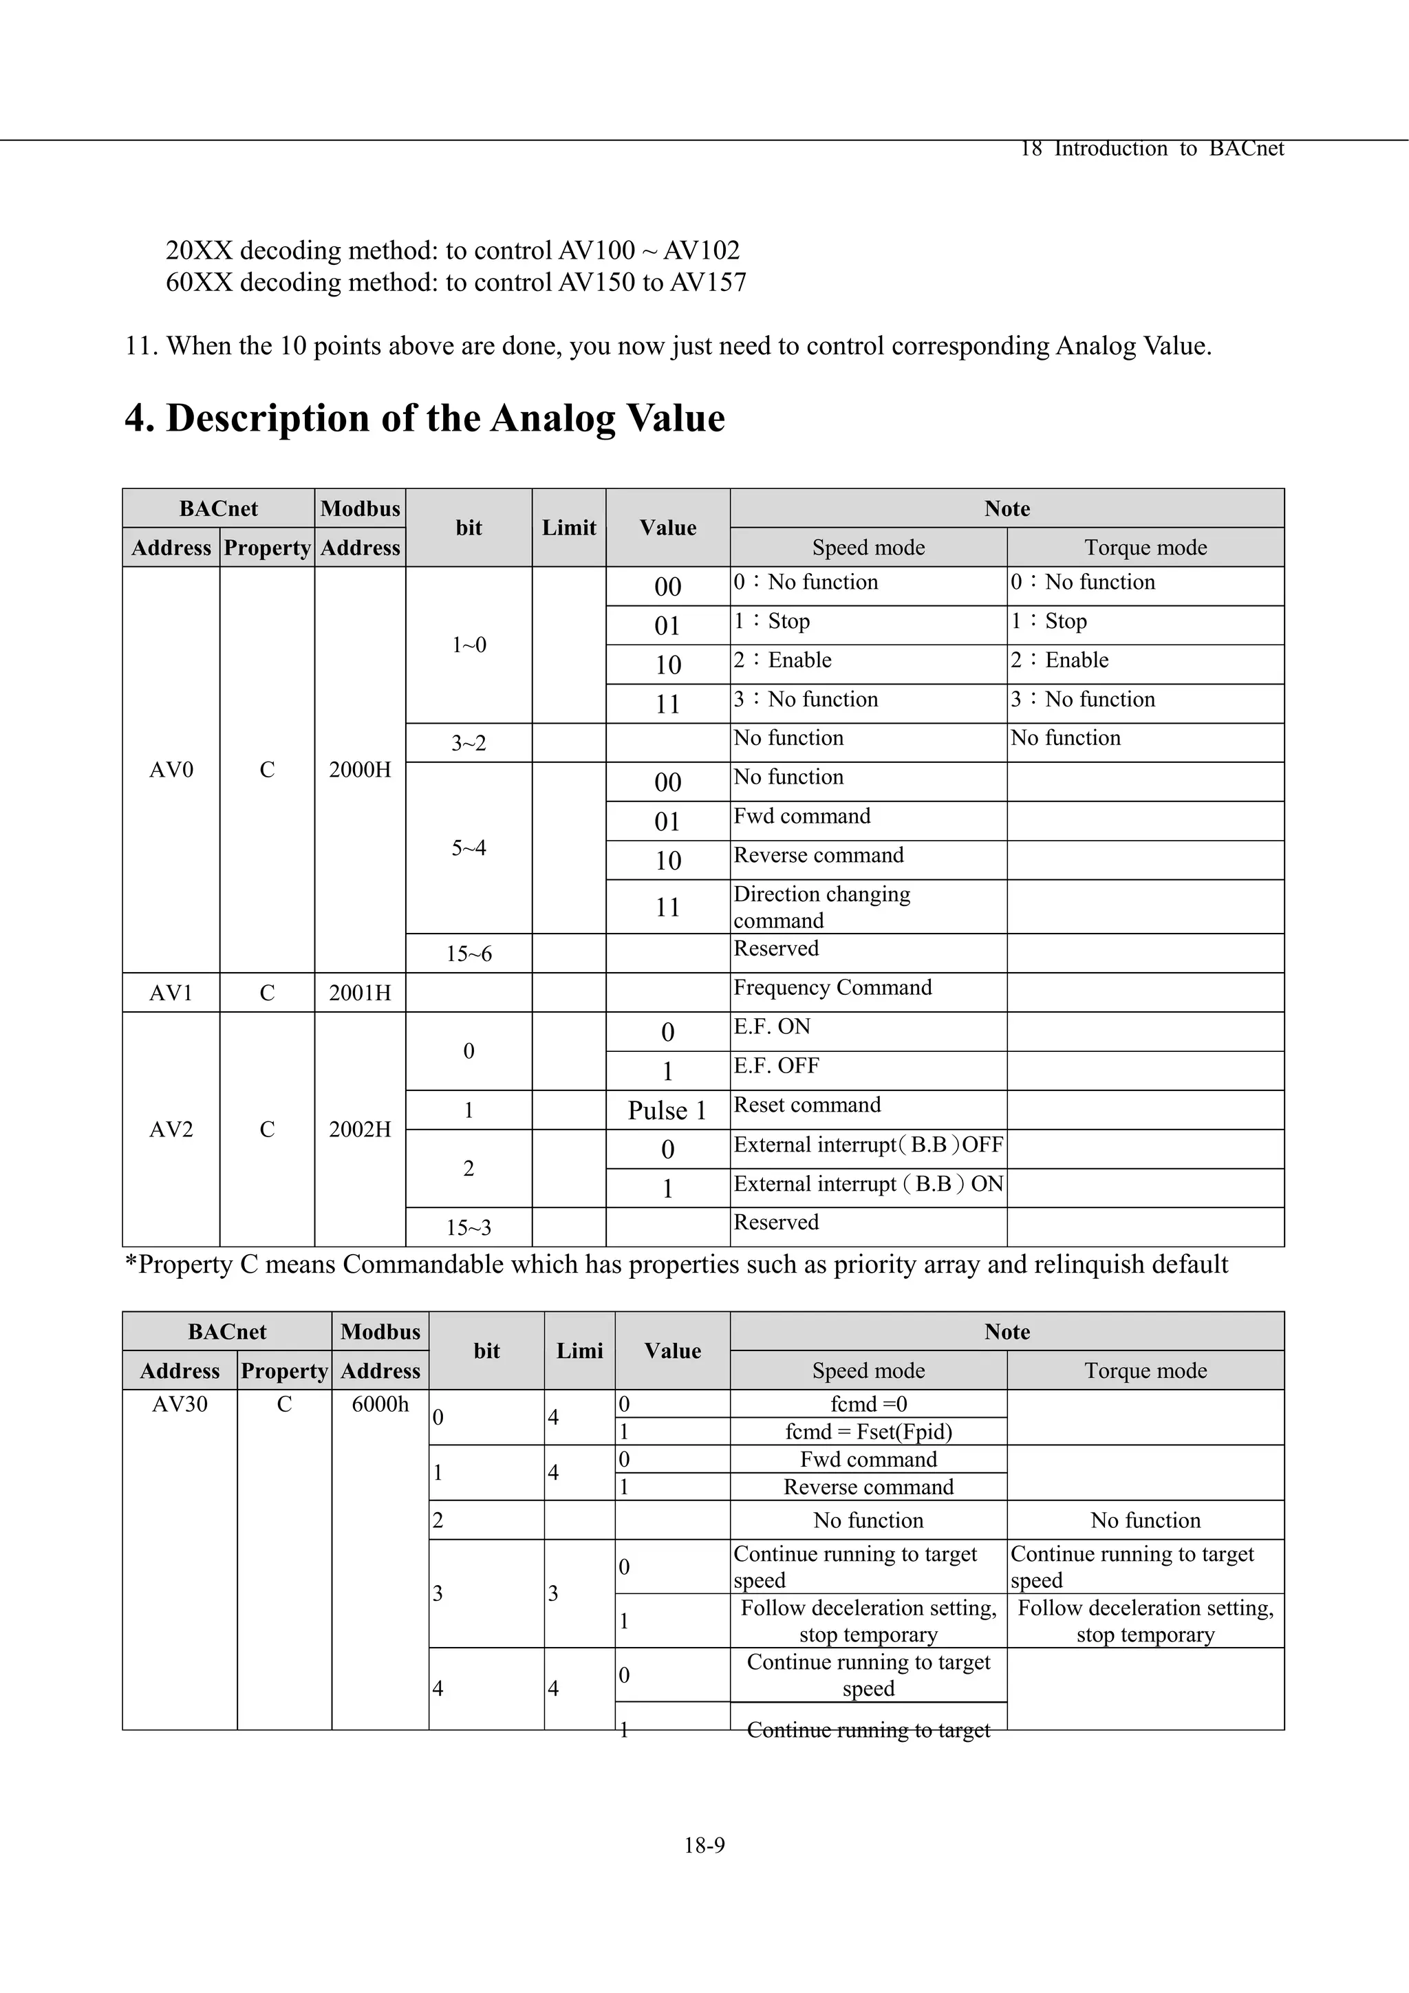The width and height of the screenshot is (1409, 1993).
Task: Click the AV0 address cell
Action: pos(171,770)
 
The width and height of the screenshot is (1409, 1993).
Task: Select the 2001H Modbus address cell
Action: pos(359,993)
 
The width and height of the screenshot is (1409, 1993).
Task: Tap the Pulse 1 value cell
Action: pos(667,1110)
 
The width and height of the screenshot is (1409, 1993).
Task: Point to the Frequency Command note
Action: pos(832,988)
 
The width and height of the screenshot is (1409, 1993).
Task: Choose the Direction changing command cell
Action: pos(821,907)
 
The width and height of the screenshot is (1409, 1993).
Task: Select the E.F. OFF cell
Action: pos(776,1066)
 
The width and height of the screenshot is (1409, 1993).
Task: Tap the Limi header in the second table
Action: pos(579,1350)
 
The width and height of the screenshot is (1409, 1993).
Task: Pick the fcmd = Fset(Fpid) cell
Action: pos(868,1432)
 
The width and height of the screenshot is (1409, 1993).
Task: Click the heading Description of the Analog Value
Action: pos(424,418)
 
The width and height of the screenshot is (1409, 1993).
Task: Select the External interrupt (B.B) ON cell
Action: pos(868,1185)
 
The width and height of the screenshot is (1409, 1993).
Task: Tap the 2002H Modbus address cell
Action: pos(359,1130)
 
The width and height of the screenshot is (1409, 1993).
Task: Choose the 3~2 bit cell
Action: pos(469,743)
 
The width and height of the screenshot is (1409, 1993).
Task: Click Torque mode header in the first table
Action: pos(1145,548)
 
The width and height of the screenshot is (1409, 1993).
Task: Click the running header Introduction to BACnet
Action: pos(1168,149)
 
